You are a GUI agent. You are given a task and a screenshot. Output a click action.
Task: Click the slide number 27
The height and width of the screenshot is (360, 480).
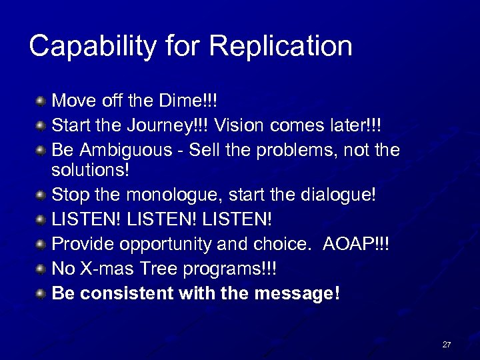(x=446, y=345)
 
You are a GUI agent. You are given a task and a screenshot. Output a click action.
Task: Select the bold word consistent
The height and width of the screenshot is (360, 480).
(x=125, y=293)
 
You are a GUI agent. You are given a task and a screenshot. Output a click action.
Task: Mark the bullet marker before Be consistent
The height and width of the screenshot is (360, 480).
(x=41, y=293)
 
